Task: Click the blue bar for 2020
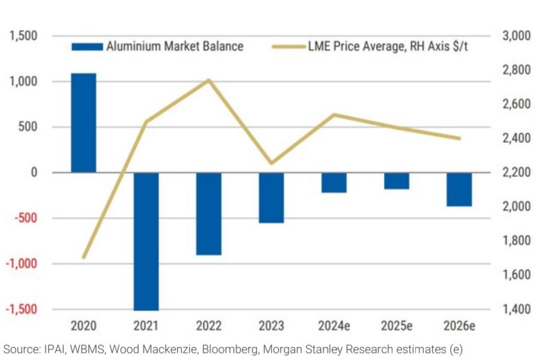pyautogui.click(x=83, y=123)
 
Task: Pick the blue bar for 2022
pyautogui.click(x=208, y=214)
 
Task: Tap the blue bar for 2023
pyautogui.click(x=271, y=198)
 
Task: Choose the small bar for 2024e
pyautogui.click(x=334, y=183)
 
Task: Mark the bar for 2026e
pyautogui.click(x=459, y=190)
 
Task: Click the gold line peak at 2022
pyautogui.click(x=208, y=80)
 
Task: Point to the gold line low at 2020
pyautogui.click(x=83, y=257)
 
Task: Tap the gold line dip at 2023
pyautogui.click(x=271, y=163)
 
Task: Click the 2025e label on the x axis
pyautogui.click(x=396, y=326)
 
